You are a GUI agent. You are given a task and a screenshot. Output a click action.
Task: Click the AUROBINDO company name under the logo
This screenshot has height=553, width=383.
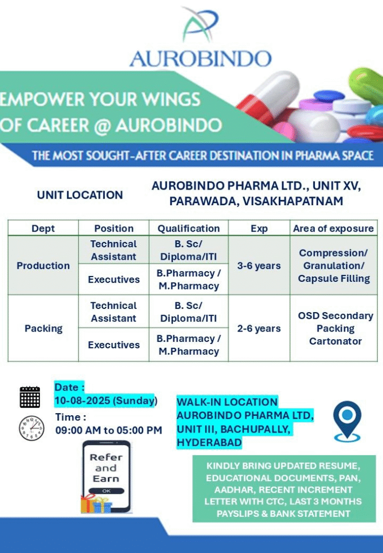tap(200, 59)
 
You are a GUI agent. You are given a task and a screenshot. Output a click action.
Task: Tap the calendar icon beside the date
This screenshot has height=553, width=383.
tap(30, 397)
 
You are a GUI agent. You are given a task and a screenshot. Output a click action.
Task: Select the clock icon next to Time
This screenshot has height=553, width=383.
tap(31, 428)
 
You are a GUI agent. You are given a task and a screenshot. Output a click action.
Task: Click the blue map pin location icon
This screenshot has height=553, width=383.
tap(347, 421)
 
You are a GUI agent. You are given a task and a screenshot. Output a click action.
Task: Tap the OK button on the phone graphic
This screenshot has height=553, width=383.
tap(106, 490)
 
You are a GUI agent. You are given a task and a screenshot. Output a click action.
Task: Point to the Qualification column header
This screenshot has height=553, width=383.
tap(189, 228)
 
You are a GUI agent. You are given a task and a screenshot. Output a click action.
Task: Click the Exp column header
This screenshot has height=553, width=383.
tap(259, 228)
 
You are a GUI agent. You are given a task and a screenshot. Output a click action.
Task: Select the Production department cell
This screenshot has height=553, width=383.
tap(43, 265)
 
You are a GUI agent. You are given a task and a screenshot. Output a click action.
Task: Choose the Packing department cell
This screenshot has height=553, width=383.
tap(43, 328)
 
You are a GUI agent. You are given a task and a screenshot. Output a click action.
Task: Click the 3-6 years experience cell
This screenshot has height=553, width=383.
tap(259, 266)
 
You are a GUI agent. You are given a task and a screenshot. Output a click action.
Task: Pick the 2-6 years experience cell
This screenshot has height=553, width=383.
tap(259, 328)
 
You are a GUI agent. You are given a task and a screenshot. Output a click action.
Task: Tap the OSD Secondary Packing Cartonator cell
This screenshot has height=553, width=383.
tap(335, 328)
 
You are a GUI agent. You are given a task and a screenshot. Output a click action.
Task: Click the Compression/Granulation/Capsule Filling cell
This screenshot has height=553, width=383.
tap(334, 266)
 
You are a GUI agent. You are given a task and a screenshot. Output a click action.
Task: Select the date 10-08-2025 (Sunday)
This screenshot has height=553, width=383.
tap(106, 401)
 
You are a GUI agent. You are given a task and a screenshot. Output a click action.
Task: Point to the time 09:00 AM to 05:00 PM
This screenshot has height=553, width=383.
tap(109, 430)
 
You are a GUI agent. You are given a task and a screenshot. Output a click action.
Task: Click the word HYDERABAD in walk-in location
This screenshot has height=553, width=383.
tap(209, 442)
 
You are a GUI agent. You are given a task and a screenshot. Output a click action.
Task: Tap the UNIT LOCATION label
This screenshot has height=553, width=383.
tap(80, 195)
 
